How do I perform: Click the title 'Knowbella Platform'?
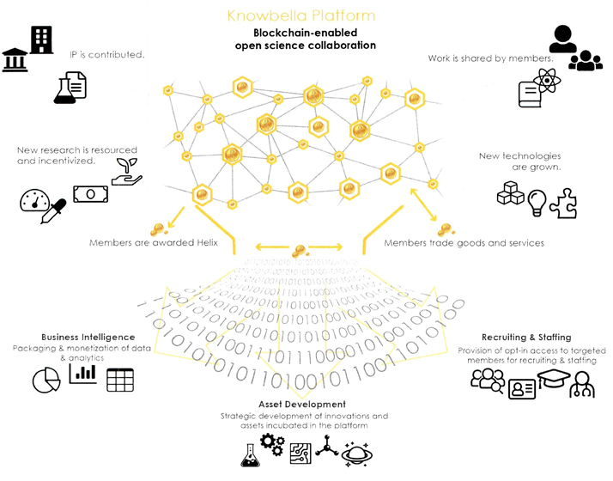point(301,15)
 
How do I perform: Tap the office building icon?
point(41,40)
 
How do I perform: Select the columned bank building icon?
point(15,60)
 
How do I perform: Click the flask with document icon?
point(70,88)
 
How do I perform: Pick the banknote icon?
point(90,193)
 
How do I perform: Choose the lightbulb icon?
point(537,202)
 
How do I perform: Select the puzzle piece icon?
point(563,204)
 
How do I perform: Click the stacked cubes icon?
point(510,195)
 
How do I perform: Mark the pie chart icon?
point(46,381)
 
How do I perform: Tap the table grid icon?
point(120,380)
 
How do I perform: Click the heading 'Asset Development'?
point(302,404)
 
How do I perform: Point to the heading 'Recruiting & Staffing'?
point(526,338)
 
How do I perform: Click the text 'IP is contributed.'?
point(107,54)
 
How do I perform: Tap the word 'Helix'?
point(203,243)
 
